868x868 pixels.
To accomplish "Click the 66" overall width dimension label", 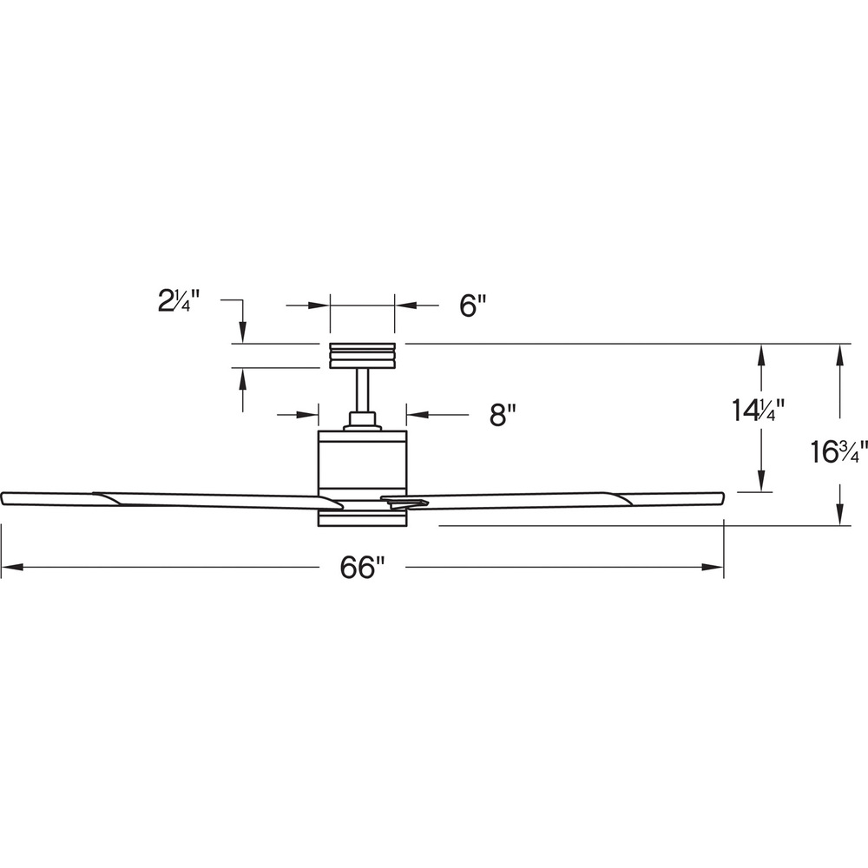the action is coord(362,567).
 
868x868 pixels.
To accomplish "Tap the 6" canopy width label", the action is coord(472,305).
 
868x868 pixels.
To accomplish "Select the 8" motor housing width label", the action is coord(502,414).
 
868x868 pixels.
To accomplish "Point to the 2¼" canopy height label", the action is coord(178,302).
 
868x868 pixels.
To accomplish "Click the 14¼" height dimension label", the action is coord(759,411).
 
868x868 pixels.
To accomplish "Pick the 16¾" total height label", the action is coord(838,451).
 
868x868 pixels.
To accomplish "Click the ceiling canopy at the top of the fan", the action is coord(362,355).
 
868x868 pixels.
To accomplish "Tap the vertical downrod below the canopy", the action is coord(363,391).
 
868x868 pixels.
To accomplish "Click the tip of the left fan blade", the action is coord(3,497).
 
